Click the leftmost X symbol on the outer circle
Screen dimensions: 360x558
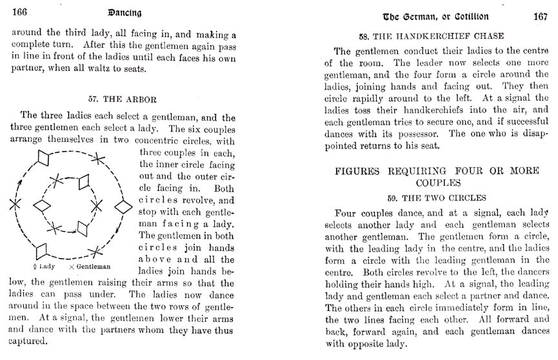(x=14, y=203)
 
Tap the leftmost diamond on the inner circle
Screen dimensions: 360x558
(x=42, y=205)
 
